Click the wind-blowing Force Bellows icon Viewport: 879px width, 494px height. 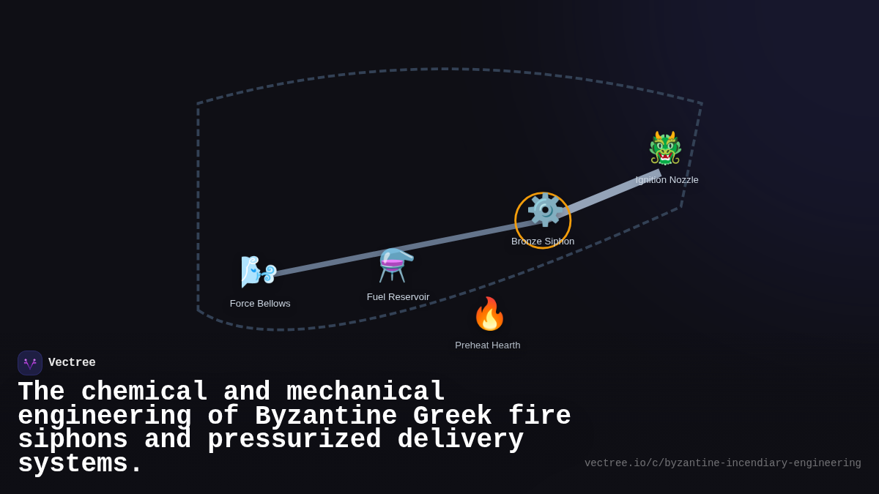[259, 271]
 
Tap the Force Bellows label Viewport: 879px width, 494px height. [260, 304]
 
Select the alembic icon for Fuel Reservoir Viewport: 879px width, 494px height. [396, 265]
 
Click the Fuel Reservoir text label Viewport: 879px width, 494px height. [398, 297]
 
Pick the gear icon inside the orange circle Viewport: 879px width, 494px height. [544, 211]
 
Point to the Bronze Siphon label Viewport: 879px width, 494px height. [543, 242]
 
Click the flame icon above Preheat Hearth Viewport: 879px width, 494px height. [489, 314]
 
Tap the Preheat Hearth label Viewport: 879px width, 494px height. [488, 345]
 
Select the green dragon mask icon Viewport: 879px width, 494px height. [665, 149]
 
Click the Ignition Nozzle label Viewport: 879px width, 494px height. [667, 180]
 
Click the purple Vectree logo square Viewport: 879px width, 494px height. [30, 363]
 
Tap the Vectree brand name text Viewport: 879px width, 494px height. [72, 363]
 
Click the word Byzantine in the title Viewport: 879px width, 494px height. [326, 416]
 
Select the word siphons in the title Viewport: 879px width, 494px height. [73, 440]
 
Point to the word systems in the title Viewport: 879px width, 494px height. [80, 464]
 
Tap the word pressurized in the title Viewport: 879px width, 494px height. [294, 440]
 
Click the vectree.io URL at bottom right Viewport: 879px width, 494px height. [722, 463]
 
